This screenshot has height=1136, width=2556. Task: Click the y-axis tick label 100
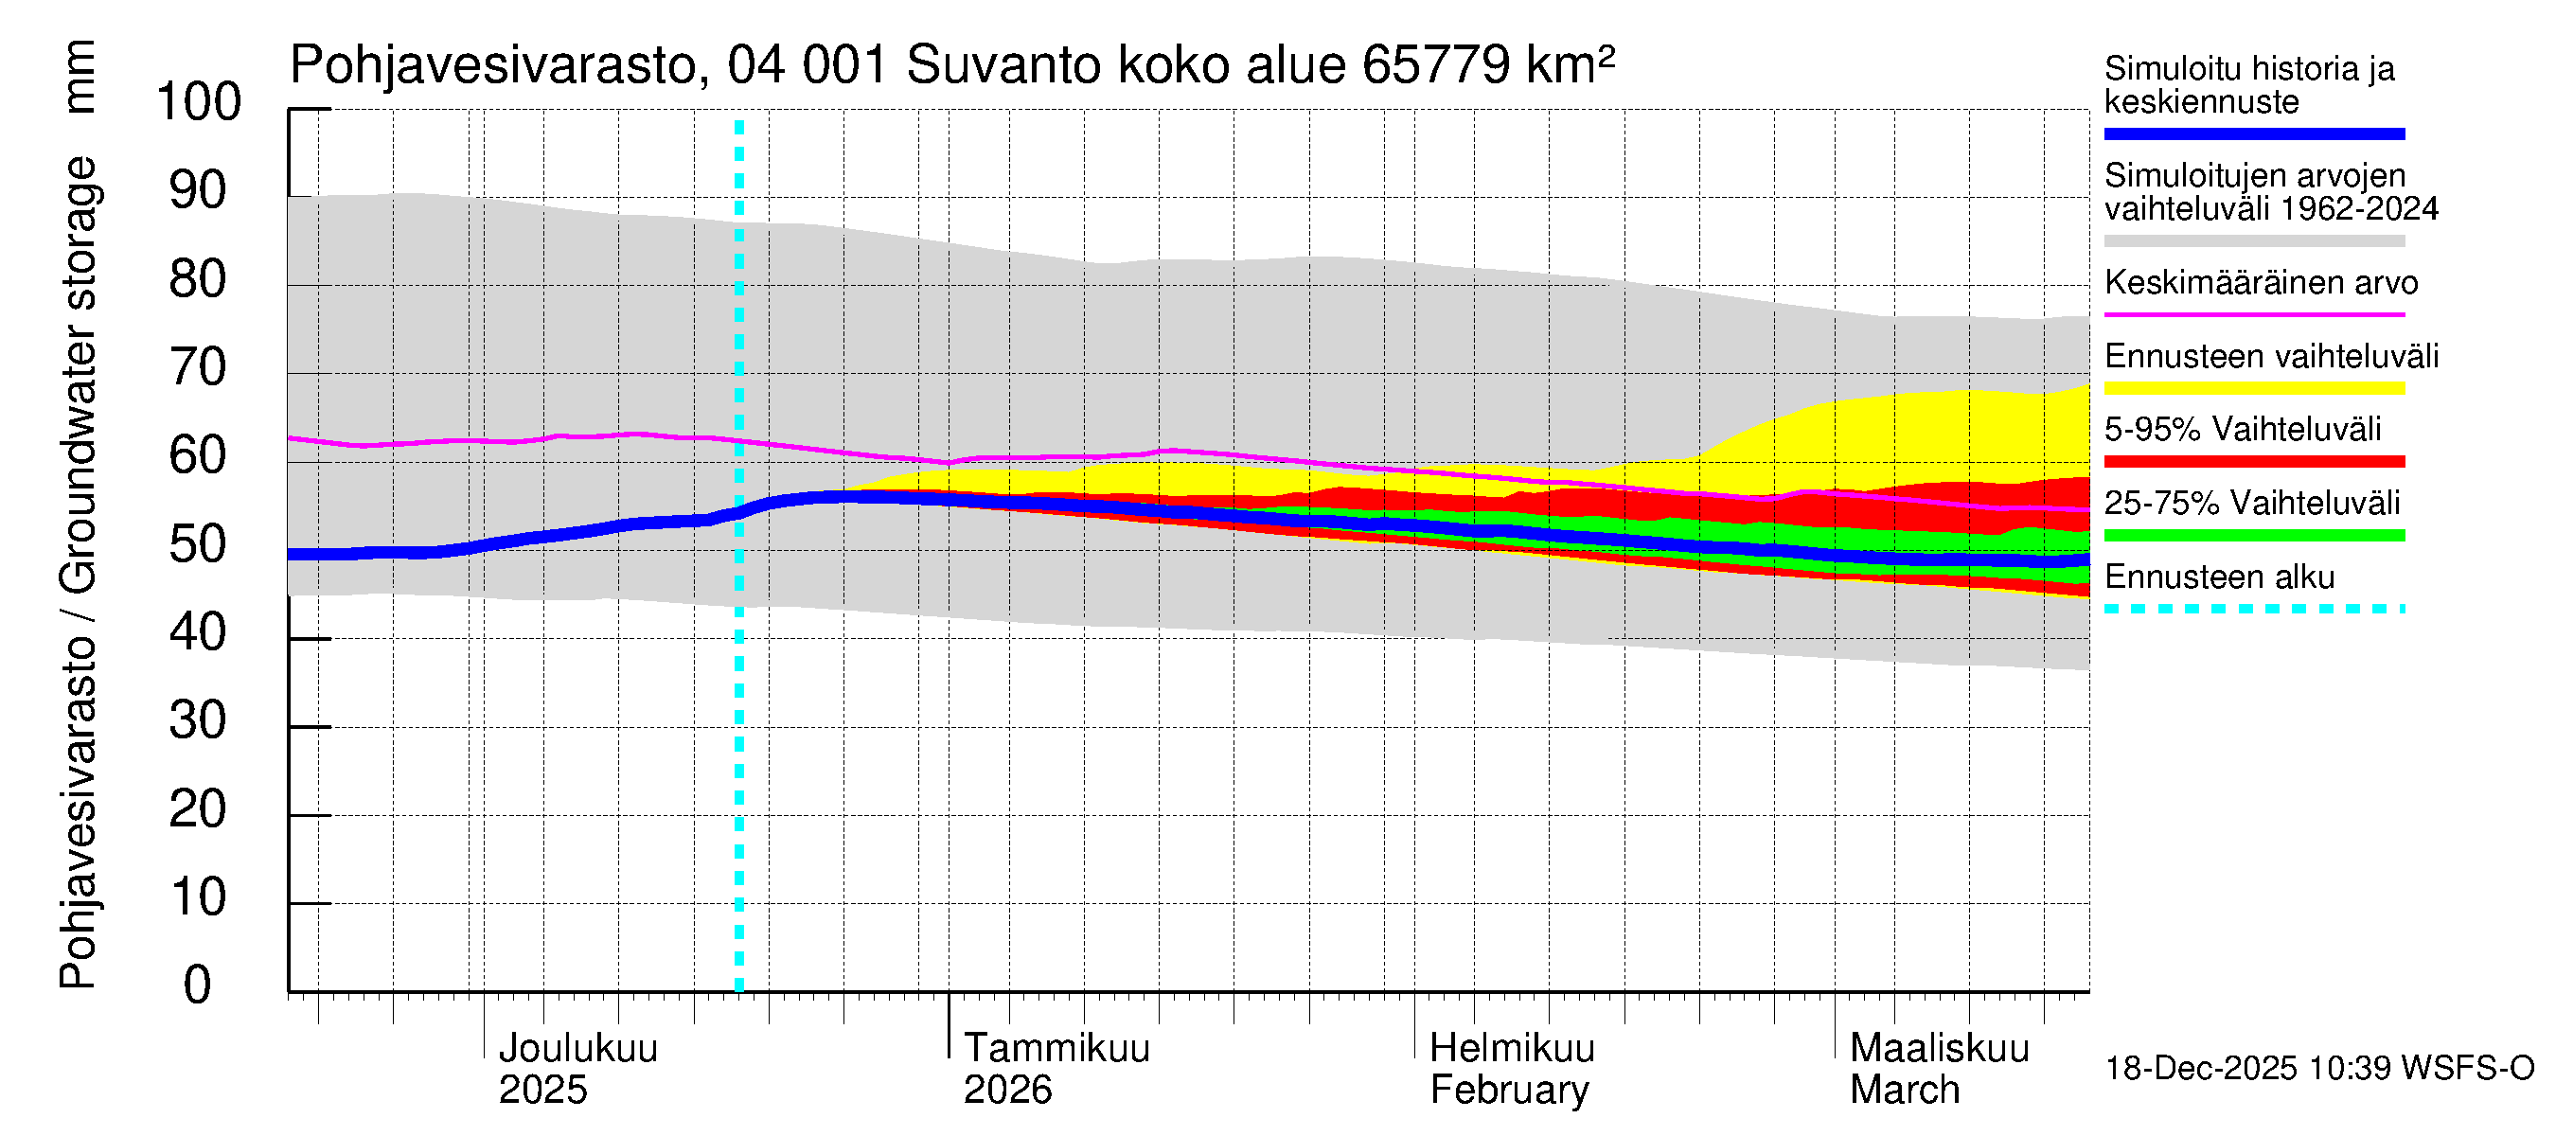(x=199, y=102)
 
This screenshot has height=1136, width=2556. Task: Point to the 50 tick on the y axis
(x=199, y=544)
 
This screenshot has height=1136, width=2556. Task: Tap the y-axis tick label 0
(x=199, y=985)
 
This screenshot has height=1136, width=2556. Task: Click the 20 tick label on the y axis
(x=199, y=808)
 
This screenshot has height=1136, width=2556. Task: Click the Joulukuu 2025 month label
(x=577, y=1069)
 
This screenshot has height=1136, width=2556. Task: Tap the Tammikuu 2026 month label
(x=1056, y=1069)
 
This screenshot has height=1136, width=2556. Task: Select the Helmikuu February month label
(x=1511, y=1069)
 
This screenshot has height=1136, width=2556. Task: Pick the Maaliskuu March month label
(x=1939, y=1069)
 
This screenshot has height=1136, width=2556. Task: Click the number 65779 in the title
(x=1437, y=65)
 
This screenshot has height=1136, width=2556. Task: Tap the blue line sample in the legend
(x=2253, y=133)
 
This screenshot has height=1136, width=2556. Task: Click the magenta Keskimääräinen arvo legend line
(x=2253, y=314)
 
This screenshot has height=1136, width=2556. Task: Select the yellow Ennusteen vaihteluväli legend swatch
(x=2253, y=388)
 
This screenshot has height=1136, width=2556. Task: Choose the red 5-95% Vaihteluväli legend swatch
(x=2253, y=461)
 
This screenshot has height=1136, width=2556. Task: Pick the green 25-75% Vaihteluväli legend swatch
(x=2253, y=536)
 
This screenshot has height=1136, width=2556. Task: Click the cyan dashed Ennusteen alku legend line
(x=2253, y=608)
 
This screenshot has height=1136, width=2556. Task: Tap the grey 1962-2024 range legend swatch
(x=2253, y=241)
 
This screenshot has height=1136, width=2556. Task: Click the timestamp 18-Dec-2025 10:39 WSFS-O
(x=2318, y=1069)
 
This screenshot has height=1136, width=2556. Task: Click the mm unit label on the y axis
(x=80, y=77)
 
